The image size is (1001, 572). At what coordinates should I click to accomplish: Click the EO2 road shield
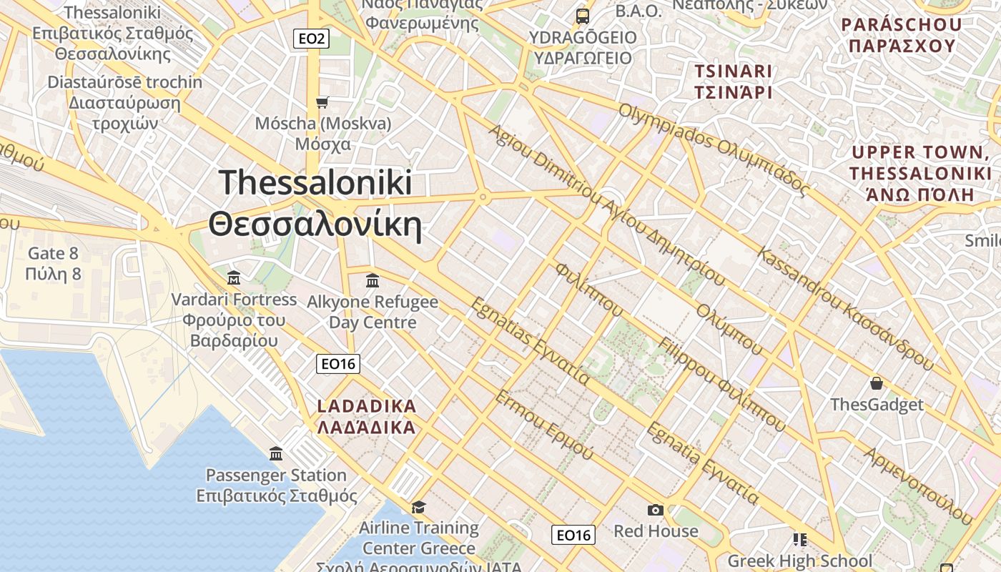(x=311, y=39)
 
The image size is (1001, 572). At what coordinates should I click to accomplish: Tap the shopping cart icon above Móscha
(x=322, y=103)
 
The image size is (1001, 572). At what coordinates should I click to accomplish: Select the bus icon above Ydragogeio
(x=583, y=16)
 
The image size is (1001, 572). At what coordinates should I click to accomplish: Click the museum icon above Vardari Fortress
(x=233, y=277)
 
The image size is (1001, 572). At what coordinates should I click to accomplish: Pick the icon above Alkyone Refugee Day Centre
(x=372, y=280)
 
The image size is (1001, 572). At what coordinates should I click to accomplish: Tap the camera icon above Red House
(x=655, y=510)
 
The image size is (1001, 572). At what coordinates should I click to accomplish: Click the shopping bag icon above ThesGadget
(x=876, y=383)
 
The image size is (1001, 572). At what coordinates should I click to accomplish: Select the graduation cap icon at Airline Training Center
(x=418, y=507)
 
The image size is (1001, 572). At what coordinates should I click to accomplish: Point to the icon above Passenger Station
(x=276, y=453)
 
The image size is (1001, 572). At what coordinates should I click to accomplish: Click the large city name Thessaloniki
(x=315, y=183)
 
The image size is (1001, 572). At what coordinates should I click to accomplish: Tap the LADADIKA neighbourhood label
(x=366, y=407)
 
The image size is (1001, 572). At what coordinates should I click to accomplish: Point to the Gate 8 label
(x=53, y=254)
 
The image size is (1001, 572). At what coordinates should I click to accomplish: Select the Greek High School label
(x=799, y=561)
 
